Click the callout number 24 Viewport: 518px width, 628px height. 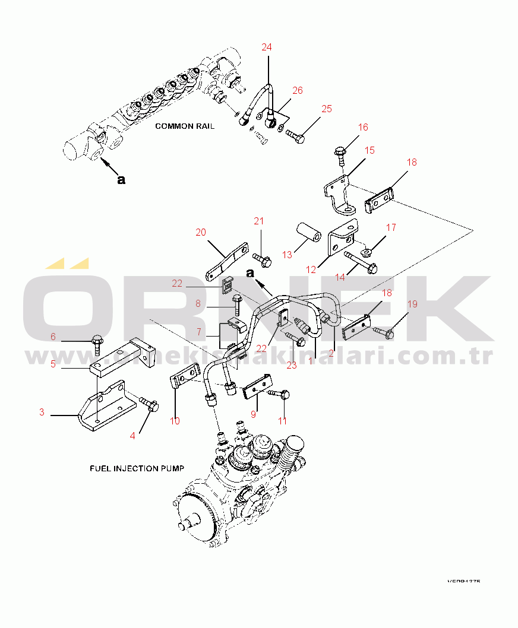click(267, 47)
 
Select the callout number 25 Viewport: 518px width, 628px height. click(327, 109)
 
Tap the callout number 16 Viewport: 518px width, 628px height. click(363, 128)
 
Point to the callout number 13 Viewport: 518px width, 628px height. click(288, 255)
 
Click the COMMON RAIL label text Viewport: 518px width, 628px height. click(185, 126)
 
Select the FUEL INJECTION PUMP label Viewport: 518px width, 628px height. click(137, 468)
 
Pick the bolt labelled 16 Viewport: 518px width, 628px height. click(341, 155)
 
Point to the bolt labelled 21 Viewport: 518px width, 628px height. click(262, 258)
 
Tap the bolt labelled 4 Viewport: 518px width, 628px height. click(149, 405)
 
